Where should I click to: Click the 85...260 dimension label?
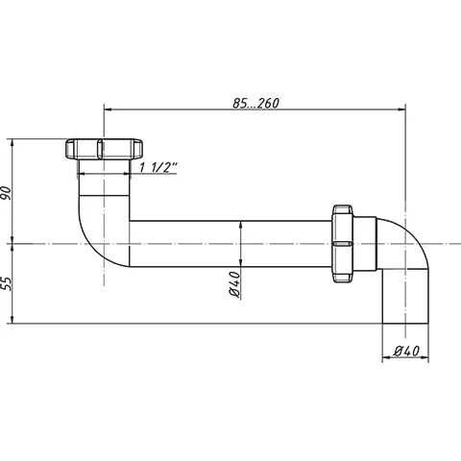255,103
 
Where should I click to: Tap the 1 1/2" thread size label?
158,167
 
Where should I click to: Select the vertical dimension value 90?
7,193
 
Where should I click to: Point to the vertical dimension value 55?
7,283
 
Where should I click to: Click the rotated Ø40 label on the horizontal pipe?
235,284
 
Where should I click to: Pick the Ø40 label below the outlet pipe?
406,352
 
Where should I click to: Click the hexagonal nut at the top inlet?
104,149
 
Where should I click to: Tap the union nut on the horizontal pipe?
342,244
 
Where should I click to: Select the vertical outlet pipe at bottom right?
405,296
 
